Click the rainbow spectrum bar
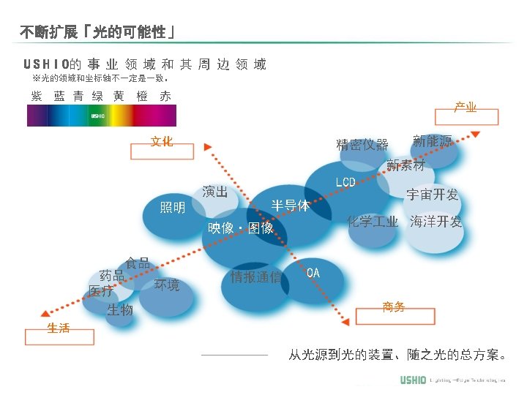pyautogui.click(x=102, y=116)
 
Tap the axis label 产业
pyautogui.click(x=466, y=108)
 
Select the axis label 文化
pyautogui.click(x=162, y=142)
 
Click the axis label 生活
pyautogui.click(x=59, y=328)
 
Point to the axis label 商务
pyautogui.click(x=394, y=307)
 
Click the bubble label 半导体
pyautogui.click(x=291, y=206)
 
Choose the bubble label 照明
pyautogui.click(x=173, y=208)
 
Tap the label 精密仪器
pyautogui.click(x=362, y=144)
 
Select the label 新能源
pyautogui.click(x=433, y=140)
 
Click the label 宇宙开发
pyautogui.click(x=433, y=195)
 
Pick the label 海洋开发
pyautogui.click(x=436, y=222)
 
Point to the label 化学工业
pyautogui.click(x=373, y=222)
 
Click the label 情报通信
pyautogui.click(x=256, y=276)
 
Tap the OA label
pyautogui.click(x=313, y=272)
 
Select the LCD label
pyautogui.click(x=345, y=181)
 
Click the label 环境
pyautogui.click(x=167, y=285)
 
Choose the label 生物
pyautogui.click(x=120, y=310)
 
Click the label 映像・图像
pyautogui.click(x=241, y=228)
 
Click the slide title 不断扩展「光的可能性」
pyautogui.click(x=97, y=32)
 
